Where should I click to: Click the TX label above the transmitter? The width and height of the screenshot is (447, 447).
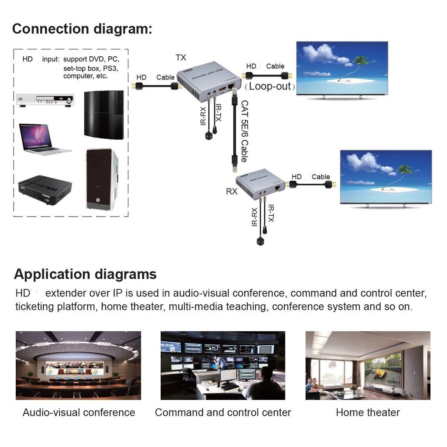pos(181,58)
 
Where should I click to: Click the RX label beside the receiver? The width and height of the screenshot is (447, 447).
pos(232,191)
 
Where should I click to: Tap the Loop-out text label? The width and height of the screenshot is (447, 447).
pos(270,86)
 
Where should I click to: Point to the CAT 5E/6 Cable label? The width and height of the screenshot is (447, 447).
pos(244,131)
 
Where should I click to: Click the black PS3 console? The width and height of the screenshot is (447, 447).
pos(103,114)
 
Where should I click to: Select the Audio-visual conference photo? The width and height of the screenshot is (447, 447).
pos(79,365)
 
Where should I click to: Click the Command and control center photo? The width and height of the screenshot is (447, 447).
pos(223,365)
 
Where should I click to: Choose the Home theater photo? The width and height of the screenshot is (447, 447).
pos(368,365)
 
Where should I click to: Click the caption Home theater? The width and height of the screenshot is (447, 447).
pos(368,413)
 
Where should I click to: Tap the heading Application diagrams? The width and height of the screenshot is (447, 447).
pos(85,274)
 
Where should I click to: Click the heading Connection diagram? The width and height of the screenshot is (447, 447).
pos(82,29)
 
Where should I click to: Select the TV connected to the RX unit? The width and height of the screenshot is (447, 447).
pos(386,178)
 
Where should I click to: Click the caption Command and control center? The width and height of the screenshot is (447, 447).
pos(223,413)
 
